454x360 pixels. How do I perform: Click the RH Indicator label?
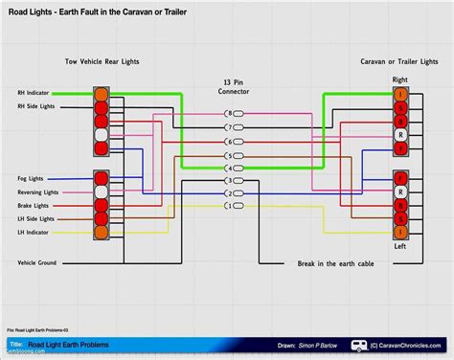click(x=35, y=93)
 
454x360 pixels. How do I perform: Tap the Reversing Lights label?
click(x=39, y=192)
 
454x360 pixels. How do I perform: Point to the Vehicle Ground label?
click(x=39, y=261)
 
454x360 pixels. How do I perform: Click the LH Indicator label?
click(x=35, y=233)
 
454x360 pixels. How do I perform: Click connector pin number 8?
click(x=227, y=113)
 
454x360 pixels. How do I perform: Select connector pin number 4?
click(x=227, y=168)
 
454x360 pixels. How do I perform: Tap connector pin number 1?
click(x=227, y=206)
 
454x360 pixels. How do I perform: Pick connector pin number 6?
click(x=227, y=141)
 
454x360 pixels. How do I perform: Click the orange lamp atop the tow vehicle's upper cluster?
click(x=102, y=94)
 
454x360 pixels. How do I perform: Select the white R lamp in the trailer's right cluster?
click(x=400, y=136)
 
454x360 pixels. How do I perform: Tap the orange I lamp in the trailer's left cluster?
click(x=400, y=232)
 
